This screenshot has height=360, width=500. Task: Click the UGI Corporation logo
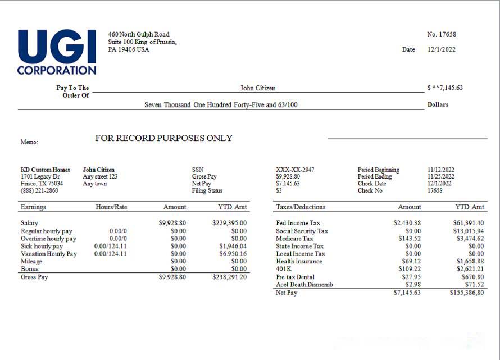[57, 52]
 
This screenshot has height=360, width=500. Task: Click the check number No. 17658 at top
[441, 34]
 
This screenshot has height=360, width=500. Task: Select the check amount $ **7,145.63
[444, 88]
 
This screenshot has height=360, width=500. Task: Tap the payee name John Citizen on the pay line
[257, 88]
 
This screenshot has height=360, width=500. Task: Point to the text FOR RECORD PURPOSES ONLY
[163, 138]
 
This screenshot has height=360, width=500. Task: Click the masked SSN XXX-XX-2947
[295, 170]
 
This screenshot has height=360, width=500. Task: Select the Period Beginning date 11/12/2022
[440, 170]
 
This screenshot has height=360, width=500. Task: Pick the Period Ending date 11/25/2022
[440, 176]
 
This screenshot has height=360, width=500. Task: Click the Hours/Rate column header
[111, 207]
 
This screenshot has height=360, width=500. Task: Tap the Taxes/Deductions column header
[301, 207]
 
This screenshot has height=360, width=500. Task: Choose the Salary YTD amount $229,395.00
[229, 223]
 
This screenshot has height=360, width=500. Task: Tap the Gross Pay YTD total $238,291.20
[229, 277]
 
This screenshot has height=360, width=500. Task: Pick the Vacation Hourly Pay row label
[49, 254]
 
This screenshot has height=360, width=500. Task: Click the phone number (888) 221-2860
[39, 190]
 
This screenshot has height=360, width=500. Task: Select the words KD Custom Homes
[46, 170]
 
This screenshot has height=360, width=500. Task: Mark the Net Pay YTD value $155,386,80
[466, 293]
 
